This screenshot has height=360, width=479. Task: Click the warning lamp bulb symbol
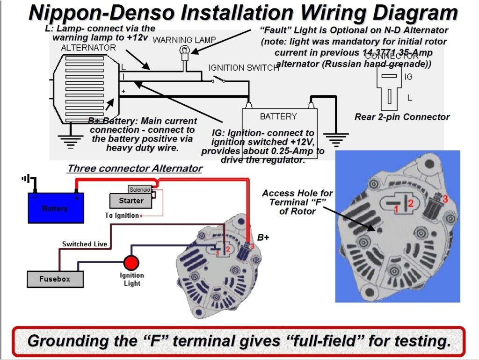185,51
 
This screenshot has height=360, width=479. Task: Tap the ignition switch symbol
218,80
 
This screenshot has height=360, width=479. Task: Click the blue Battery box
56,208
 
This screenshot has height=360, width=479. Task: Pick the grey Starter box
131,201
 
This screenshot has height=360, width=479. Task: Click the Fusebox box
55,279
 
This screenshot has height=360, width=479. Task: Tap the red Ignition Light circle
131,262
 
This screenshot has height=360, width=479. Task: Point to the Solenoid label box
140,189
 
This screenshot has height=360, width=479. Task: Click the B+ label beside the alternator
263,237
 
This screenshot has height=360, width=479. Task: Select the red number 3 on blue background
445,199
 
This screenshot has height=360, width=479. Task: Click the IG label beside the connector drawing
408,77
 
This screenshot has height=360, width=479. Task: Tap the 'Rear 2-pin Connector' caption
402,117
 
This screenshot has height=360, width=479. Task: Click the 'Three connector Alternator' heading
135,168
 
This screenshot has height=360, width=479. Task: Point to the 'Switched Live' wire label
85,244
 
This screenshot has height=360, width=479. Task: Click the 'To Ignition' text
122,216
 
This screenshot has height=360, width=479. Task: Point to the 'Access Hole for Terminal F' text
297,202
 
